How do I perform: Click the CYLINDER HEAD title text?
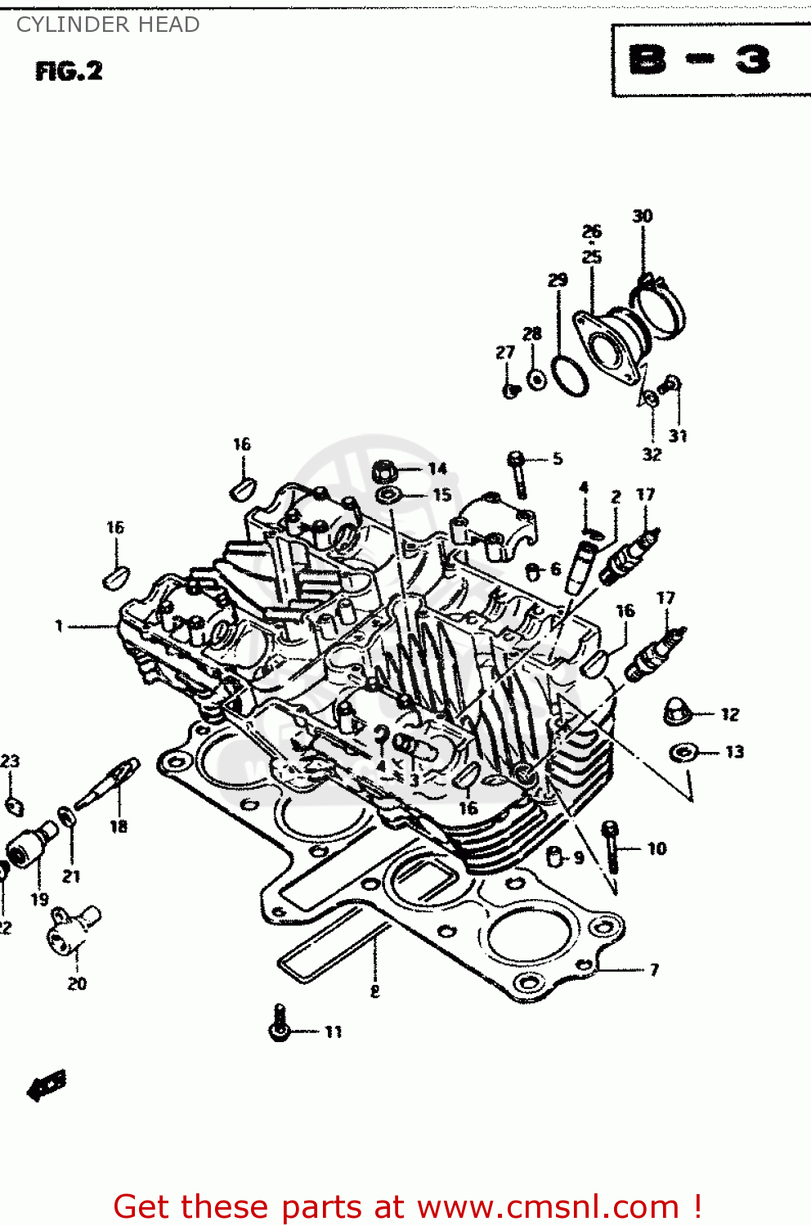pos(108,25)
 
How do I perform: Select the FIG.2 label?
pos(69,72)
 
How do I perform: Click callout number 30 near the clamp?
pos(643,216)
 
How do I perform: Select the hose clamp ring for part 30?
pos(661,306)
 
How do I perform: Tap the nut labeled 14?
pos(385,472)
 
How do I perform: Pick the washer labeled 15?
pos(388,496)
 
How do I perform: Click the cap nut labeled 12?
pos(677,711)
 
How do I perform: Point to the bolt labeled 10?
pos(611,846)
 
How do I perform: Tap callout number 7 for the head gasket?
pos(654,970)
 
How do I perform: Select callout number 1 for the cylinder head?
pos(59,626)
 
